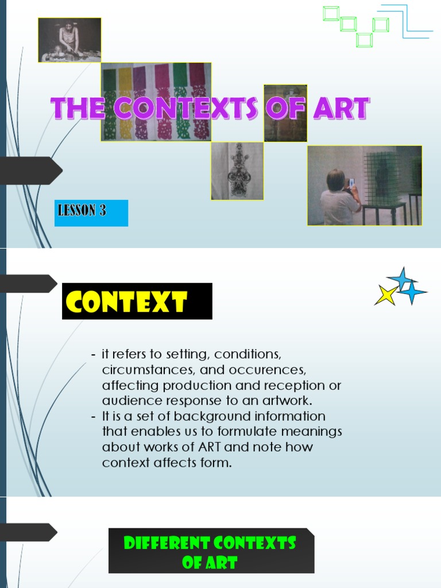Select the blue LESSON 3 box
tap(91, 212)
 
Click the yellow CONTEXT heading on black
tap(137, 301)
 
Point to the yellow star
tap(386, 295)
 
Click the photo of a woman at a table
tap(69, 40)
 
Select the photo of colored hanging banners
tap(156, 102)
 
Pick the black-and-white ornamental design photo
tap(237, 171)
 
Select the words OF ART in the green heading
tap(210, 563)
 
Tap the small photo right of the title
tap(285, 113)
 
